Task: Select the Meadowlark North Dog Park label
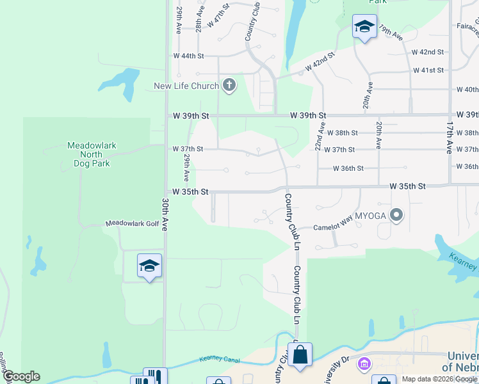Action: point(92,154)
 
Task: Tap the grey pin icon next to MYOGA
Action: point(397,216)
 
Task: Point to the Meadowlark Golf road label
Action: point(132,223)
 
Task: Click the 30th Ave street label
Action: point(165,214)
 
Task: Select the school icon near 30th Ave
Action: point(149,266)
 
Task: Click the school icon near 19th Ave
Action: point(364,27)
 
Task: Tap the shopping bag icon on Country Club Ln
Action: point(300,355)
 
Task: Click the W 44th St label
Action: point(188,56)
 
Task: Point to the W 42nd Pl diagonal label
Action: point(320,63)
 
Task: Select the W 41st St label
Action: point(428,70)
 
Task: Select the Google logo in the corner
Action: point(20,376)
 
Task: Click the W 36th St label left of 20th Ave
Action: point(348,168)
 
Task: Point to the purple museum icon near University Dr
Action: point(364,364)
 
